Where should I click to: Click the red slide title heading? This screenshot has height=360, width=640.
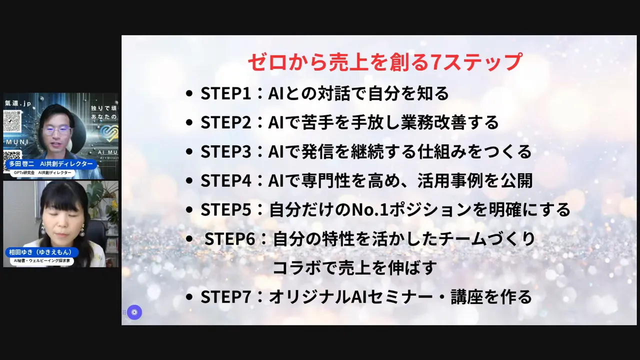pyautogui.click(x=384, y=62)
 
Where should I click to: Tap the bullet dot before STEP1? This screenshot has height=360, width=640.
pyautogui.click(x=188, y=94)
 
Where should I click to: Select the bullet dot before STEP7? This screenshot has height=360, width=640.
pyautogui.click(x=188, y=297)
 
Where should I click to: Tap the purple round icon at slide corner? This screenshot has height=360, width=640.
pyautogui.click(x=134, y=312)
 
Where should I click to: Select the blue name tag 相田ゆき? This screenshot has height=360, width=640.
pyautogui.click(x=41, y=252)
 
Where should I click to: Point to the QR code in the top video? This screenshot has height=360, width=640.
pyautogui.click(x=12, y=121)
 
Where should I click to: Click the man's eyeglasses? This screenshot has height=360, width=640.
pyautogui.click(x=56, y=129)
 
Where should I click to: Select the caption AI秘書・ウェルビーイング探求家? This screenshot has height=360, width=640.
pyautogui.click(x=42, y=261)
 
